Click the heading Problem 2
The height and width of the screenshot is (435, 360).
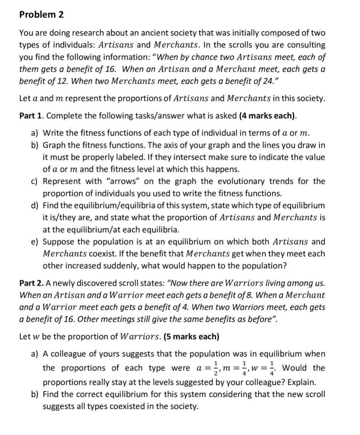point(41,15)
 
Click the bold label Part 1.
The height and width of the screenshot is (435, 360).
point(31,116)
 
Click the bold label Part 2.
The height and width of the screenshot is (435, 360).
point(31,283)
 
